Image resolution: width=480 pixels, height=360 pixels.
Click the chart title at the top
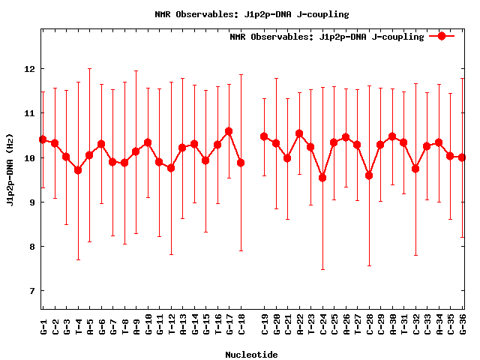pyautogui.click(x=251, y=14)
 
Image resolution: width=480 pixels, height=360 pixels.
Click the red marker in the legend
pyautogui.click(x=442, y=36)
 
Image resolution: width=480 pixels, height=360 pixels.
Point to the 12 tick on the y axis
pyautogui.click(x=30, y=69)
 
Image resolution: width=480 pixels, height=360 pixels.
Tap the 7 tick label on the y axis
pyautogui.click(x=30, y=291)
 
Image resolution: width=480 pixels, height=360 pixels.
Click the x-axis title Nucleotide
pyautogui.click(x=251, y=355)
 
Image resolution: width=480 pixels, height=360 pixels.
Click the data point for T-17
pyautogui.click(x=229, y=131)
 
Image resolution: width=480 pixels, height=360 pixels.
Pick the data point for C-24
pyautogui.click(x=322, y=178)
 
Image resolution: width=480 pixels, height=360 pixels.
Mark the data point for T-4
pyautogui.click(x=78, y=170)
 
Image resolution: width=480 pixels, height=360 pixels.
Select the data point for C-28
pyautogui.click(x=369, y=175)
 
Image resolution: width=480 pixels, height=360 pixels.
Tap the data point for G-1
pyautogui.click(x=43, y=139)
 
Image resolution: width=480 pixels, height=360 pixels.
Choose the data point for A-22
pyautogui.click(x=299, y=133)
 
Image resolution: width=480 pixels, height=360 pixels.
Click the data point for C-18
pyautogui.click(x=241, y=163)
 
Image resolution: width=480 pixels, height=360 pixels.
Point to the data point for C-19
pyautogui.click(x=264, y=136)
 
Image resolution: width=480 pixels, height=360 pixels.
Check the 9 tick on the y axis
pyautogui.click(x=30, y=202)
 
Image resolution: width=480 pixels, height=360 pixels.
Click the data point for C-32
pyautogui.click(x=415, y=169)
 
